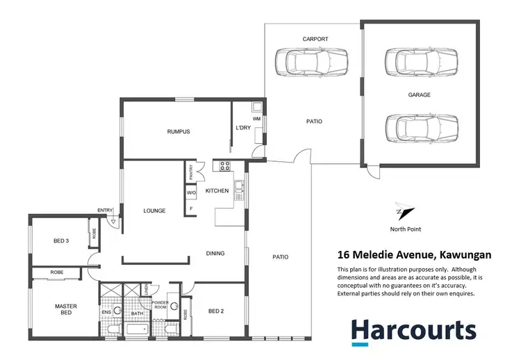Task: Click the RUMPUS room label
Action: (179, 131)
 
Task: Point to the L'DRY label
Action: (242, 128)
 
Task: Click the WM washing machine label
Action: (256, 119)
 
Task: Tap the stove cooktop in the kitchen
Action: (225, 165)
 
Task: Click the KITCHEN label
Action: (217, 190)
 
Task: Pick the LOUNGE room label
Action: (154, 211)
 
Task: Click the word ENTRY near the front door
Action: (105, 210)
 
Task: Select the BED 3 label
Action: (61, 241)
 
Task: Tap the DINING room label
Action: (215, 254)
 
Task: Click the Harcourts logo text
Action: (413, 329)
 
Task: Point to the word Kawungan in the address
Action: (463, 255)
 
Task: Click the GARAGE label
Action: (419, 95)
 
